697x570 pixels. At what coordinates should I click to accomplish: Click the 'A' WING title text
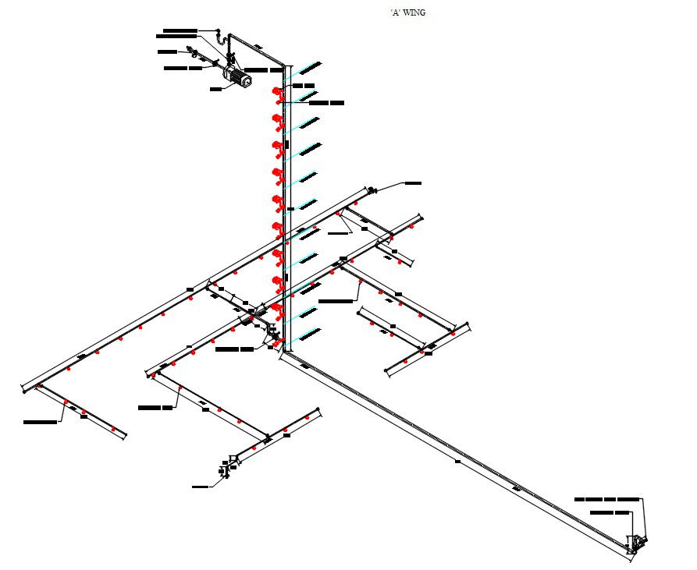tap(407, 12)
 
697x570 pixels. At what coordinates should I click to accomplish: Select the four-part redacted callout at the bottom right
tap(606, 498)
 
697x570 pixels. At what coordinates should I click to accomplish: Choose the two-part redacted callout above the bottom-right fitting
tap(610, 512)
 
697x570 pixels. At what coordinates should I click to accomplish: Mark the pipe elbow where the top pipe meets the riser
tap(286, 65)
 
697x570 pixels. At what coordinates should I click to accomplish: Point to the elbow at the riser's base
tap(284, 352)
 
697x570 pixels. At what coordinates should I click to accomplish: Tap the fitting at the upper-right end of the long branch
tap(372, 189)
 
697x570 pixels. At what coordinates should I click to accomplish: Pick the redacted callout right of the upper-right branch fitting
tap(412, 183)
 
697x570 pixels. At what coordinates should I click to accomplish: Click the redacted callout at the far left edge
tap(40, 422)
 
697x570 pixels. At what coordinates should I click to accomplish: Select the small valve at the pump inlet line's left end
tap(190, 52)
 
